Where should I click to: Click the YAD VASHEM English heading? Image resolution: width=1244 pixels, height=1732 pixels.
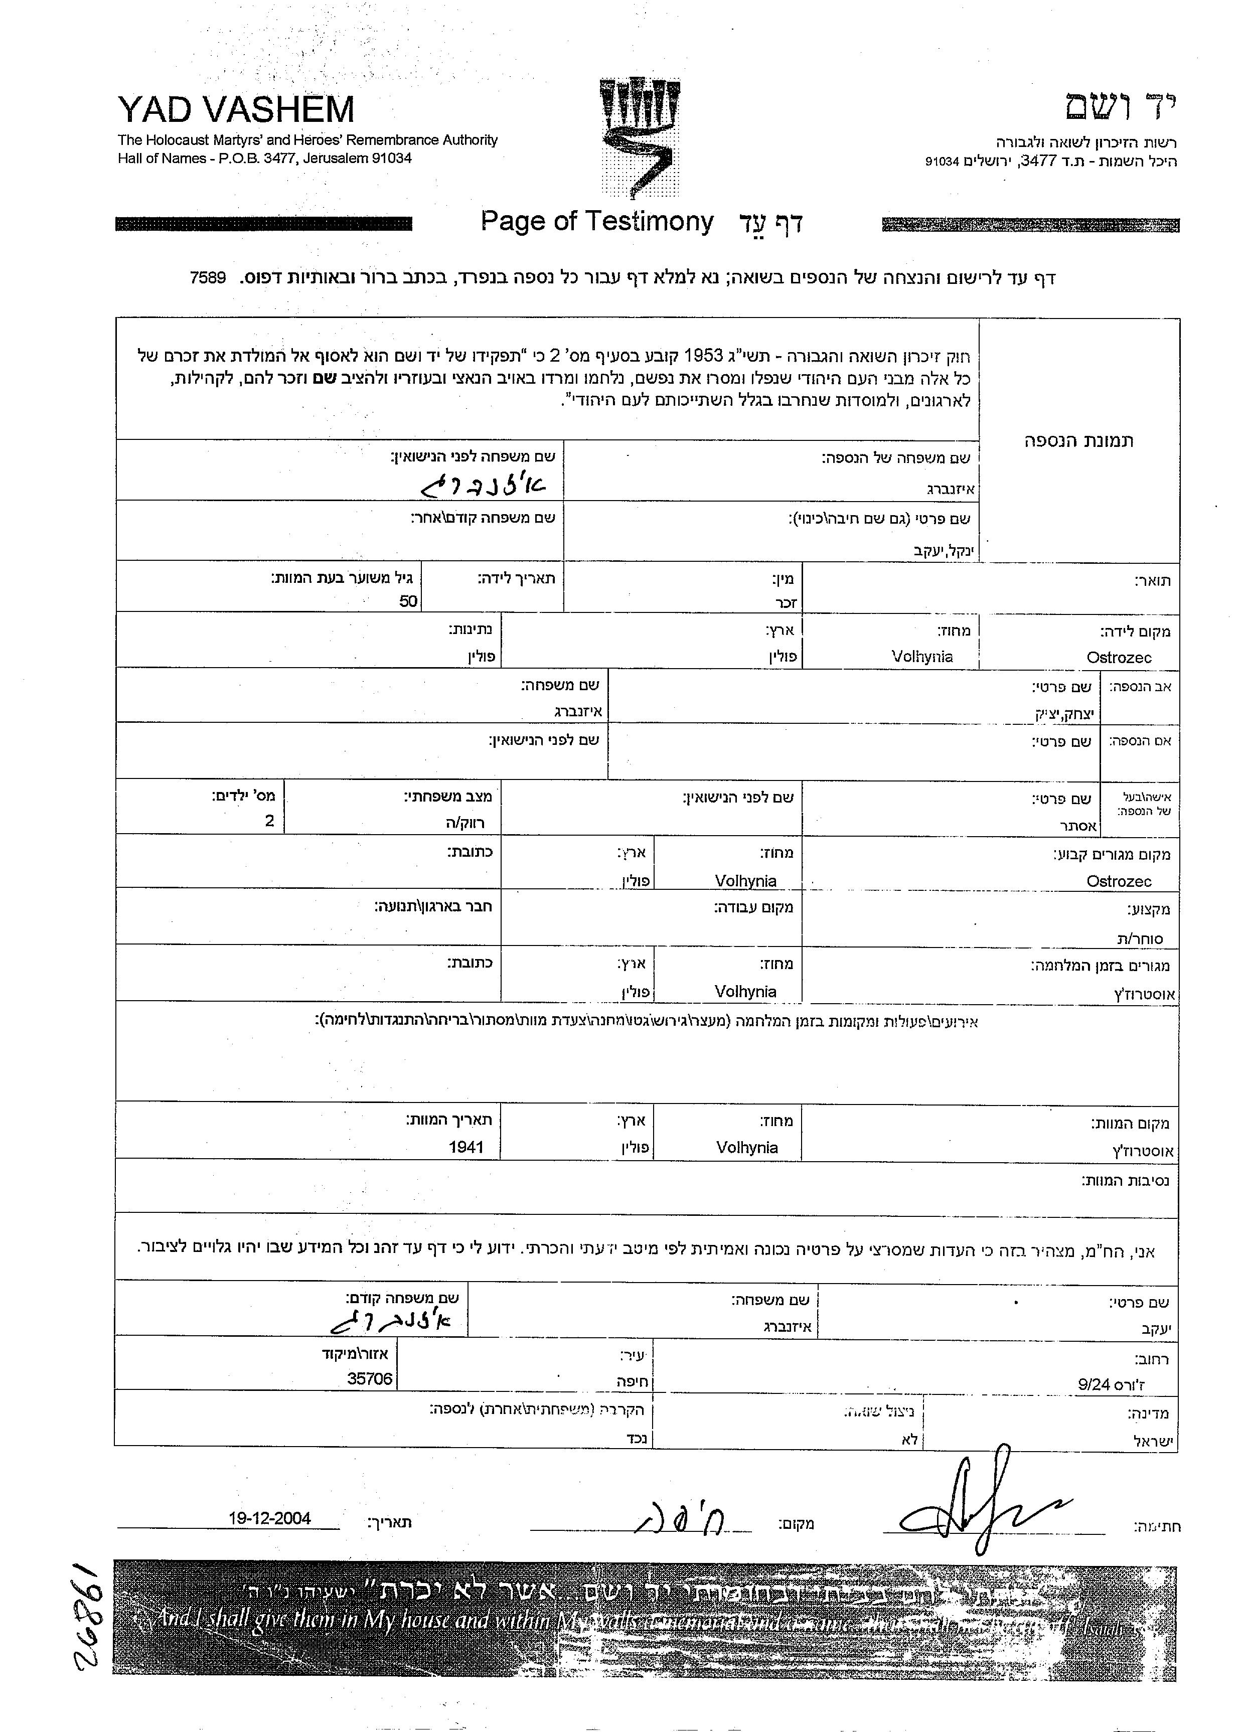point(236,110)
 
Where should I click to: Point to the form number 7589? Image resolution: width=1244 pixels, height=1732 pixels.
point(208,277)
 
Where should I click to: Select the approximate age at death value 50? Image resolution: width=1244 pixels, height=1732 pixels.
point(408,601)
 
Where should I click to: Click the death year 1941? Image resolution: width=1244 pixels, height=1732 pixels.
point(466,1147)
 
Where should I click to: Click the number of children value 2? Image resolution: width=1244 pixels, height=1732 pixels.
point(269,822)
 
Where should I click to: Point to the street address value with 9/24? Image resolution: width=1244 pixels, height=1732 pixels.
point(1111,1384)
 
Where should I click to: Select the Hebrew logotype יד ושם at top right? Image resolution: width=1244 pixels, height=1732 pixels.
point(1121,108)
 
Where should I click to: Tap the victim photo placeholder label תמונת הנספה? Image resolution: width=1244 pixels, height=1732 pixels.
point(1078,440)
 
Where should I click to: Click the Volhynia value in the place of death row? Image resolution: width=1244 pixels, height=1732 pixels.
point(747,1147)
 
